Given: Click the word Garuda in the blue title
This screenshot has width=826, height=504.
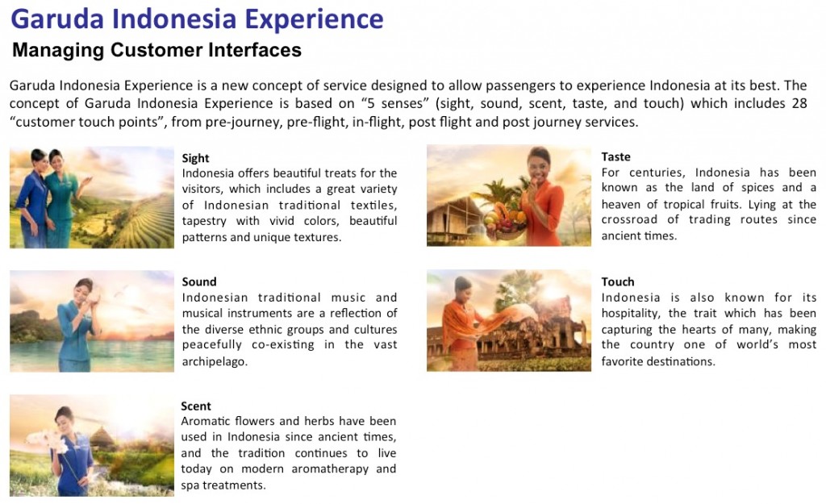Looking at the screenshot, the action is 57,19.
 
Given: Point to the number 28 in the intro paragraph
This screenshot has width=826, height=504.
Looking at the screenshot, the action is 799,103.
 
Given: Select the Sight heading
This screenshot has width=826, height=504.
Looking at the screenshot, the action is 195,158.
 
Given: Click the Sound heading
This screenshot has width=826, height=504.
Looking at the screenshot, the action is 199,281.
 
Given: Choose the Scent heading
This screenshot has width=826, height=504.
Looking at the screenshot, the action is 195,406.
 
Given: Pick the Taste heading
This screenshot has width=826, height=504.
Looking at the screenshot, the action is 615,156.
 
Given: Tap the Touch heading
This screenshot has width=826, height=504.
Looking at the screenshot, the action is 618,281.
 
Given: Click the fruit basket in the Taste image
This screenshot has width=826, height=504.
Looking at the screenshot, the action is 505,221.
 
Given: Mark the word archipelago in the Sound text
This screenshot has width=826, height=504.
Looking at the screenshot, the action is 215,362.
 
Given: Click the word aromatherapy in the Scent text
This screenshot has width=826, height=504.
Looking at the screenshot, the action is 330,469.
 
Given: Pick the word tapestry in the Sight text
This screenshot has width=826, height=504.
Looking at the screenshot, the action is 204,221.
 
